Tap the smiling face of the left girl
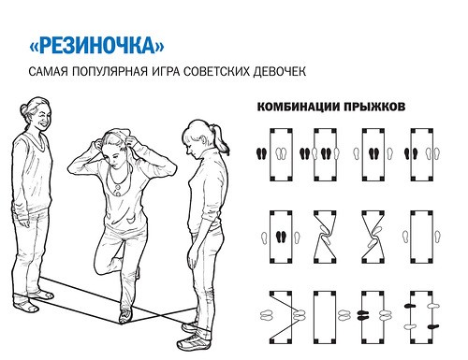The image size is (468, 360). pyautogui.click(x=38, y=117)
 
